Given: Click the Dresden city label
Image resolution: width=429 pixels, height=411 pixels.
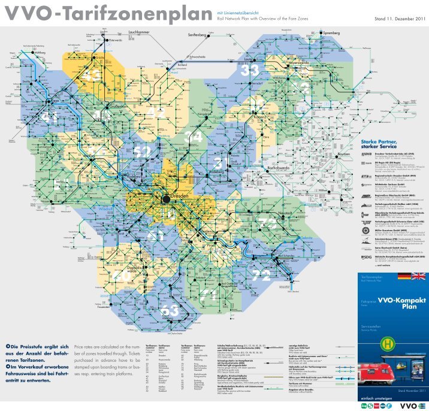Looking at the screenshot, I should tap(180, 197).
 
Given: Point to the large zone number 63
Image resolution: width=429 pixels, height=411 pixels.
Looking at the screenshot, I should tap(170, 310).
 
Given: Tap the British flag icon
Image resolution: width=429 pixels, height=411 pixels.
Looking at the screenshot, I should tap(419, 277).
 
